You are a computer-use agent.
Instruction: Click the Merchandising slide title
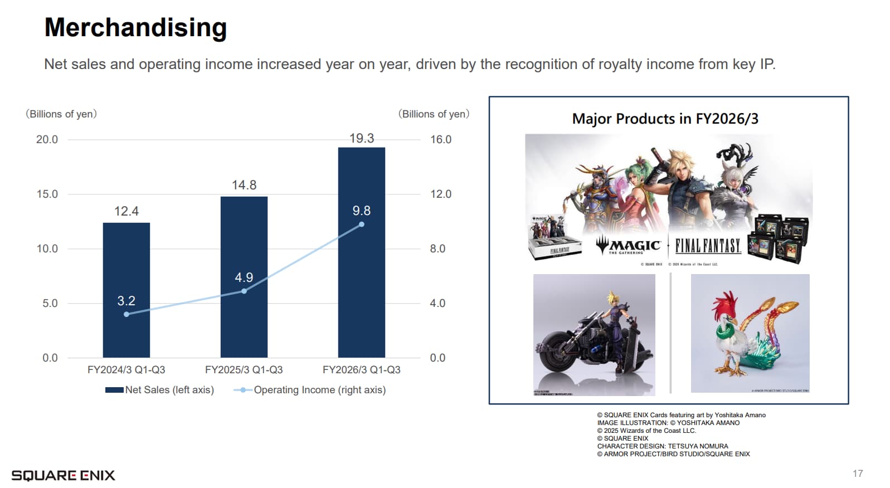135,28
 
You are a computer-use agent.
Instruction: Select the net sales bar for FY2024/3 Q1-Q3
126,262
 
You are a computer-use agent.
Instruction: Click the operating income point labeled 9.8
362,225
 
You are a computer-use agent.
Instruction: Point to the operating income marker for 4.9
244,291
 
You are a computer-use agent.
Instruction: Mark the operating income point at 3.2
127,314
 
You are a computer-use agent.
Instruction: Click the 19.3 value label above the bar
362,138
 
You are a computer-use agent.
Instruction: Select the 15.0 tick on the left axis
47,194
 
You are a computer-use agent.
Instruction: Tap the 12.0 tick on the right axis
440,194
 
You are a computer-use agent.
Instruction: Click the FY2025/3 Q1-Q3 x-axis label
244,370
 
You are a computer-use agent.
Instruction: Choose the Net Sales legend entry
160,390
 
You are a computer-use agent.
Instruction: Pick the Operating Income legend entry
310,390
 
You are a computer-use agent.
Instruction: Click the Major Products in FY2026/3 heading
665,119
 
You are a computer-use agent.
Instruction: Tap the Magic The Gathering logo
628,246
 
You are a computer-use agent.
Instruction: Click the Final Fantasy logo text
708,246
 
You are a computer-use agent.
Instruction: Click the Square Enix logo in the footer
63,475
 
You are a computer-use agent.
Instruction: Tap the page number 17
857,474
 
